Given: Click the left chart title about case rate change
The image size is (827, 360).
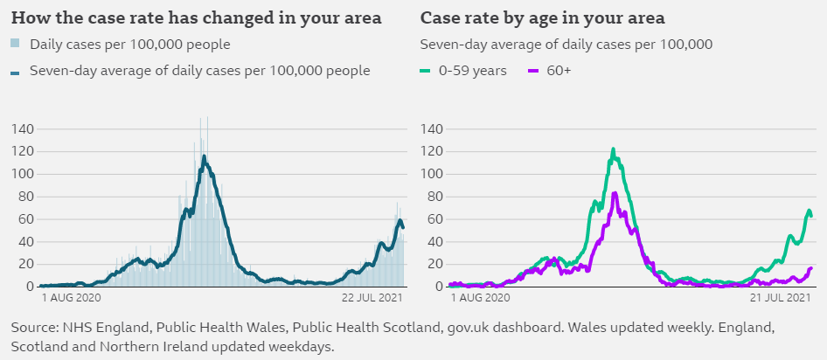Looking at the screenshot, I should [x=196, y=18].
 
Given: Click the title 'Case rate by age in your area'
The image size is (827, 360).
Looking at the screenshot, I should [x=543, y=18].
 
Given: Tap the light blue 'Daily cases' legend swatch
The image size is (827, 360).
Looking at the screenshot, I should [x=16, y=44].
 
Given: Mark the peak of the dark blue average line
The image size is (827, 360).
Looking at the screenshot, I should [x=204, y=156].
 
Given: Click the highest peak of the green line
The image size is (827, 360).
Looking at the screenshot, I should [x=614, y=149].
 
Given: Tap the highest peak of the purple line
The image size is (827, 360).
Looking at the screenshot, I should [x=615, y=193].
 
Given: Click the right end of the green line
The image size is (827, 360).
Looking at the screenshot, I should [x=812, y=215].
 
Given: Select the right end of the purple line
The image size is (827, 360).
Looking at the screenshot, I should [x=812, y=268].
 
